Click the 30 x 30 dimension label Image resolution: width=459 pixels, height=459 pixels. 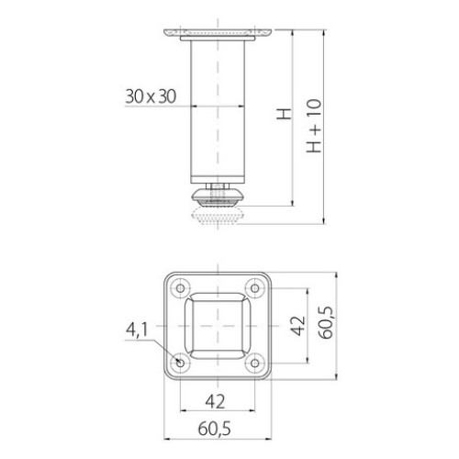(150, 95)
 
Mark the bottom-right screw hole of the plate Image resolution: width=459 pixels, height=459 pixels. (257, 364)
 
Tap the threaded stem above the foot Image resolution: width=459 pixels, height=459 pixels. (218, 186)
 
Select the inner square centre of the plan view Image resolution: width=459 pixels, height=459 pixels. (218, 326)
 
